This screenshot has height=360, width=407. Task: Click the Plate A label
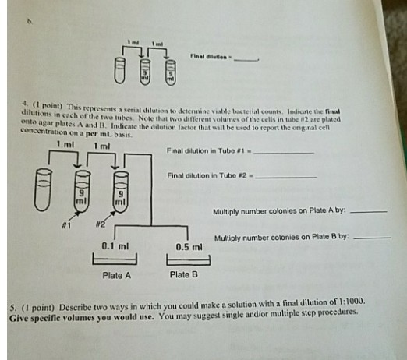(x=117, y=275)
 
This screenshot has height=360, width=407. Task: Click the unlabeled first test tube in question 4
(x=41, y=194)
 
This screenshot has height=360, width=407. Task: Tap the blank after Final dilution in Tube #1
(x=285, y=154)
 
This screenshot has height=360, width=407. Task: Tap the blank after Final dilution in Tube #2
(x=287, y=178)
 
